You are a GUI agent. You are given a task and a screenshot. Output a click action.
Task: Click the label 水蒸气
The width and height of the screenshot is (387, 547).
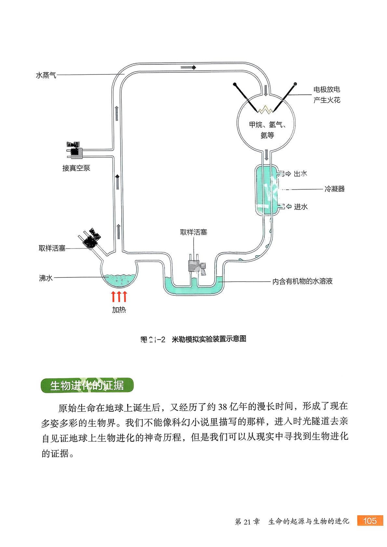click(x=46, y=75)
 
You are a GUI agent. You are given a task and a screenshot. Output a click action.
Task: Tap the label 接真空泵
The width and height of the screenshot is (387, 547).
click(x=76, y=168)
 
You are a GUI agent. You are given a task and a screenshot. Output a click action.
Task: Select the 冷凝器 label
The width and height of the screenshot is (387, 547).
click(x=334, y=189)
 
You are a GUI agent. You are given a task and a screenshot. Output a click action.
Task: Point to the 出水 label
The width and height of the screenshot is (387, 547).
click(x=300, y=174)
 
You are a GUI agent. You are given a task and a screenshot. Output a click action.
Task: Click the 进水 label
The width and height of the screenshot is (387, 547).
click(x=301, y=207)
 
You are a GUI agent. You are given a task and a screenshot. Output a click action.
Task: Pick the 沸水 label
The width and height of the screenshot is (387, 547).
click(x=46, y=278)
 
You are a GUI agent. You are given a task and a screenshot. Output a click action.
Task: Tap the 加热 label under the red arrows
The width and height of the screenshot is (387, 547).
click(x=119, y=310)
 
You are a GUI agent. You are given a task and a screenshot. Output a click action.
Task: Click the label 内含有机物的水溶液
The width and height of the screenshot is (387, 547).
click(x=302, y=281)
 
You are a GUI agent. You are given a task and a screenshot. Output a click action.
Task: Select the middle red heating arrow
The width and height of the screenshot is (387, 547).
click(x=119, y=297)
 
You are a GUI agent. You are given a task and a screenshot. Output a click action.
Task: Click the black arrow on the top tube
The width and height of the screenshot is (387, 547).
click(x=188, y=67)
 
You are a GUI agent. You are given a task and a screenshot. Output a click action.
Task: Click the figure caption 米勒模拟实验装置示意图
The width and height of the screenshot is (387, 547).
click(x=208, y=339)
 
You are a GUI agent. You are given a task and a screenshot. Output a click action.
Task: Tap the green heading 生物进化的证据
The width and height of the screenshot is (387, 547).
click(x=87, y=385)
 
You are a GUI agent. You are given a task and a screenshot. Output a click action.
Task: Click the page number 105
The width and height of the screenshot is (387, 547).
click(x=369, y=521)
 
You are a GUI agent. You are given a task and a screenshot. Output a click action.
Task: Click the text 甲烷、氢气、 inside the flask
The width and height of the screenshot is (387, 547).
click(x=267, y=125)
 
